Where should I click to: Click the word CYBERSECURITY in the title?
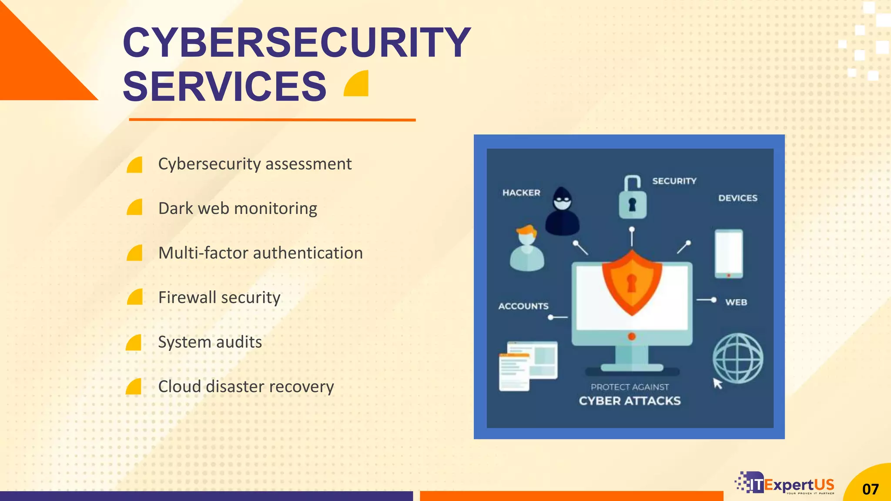point(297,43)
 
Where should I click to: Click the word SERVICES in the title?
point(224,87)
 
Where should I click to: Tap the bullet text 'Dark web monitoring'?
point(238,208)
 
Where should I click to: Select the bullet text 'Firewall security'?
point(219,297)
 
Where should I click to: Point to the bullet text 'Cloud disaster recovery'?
point(246,387)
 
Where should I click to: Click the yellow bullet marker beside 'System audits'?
point(134,343)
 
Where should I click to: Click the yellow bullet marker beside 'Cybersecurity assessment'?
point(134,165)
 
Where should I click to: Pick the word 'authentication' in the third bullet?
point(309,253)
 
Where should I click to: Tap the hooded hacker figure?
point(562,212)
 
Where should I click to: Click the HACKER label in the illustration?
point(521,193)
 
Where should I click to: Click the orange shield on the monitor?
point(632,282)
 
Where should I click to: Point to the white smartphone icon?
point(729,254)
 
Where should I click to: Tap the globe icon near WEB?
point(737,358)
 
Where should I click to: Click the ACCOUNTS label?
point(523,306)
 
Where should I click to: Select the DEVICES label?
point(737,198)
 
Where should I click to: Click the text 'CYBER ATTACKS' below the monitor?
point(630,401)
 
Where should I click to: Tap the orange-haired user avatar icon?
point(527,249)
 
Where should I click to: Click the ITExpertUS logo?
point(786,484)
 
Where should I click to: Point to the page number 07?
point(871,489)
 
